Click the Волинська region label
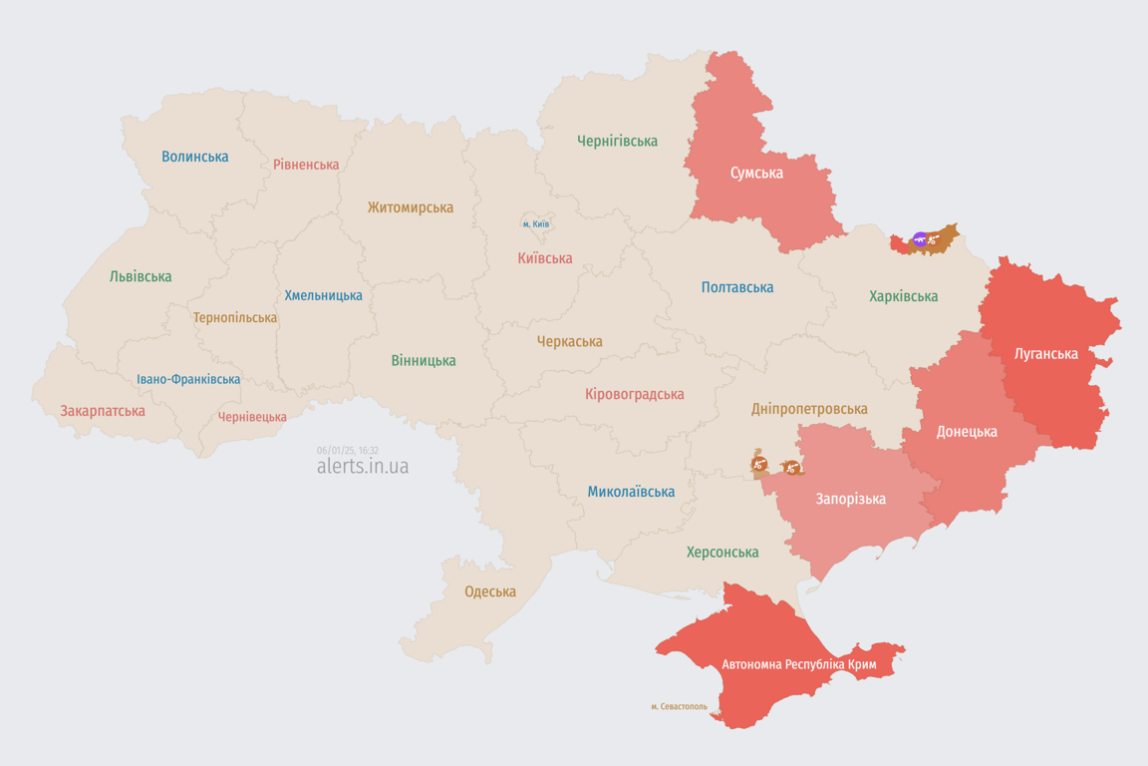[x=194, y=157]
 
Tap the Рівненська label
[x=306, y=165]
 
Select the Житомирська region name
[x=410, y=207]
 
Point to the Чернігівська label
[x=617, y=141]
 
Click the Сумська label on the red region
[x=756, y=173]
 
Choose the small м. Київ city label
[x=535, y=223]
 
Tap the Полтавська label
[x=736, y=287]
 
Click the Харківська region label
[x=903, y=296]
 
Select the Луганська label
[x=1045, y=353]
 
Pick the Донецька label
[x=966, y=432]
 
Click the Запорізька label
[x=850, y=499]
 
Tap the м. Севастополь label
[x=679, y=707]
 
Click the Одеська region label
[x=490, y=591]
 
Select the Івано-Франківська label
[x=188, y=379]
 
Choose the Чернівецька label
[x=252, y=417]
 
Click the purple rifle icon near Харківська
[x=920, y=239]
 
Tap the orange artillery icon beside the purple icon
[x=934, y=239]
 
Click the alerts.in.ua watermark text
[x=362, y=467]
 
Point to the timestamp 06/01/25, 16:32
[x=347, y=451]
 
